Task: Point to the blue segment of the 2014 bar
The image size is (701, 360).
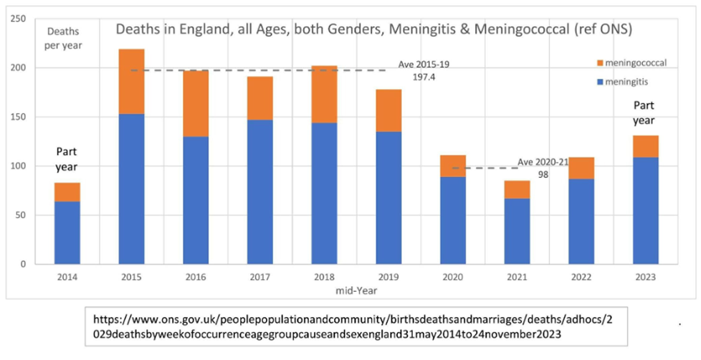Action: [x=67, y=232]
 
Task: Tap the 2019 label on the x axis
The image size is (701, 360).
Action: [x=388, y=277]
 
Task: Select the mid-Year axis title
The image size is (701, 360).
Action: [x=356, y=290]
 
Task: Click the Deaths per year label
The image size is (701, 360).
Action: [x=64, y=38]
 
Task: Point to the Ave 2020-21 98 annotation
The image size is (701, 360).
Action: [x=543, y=167]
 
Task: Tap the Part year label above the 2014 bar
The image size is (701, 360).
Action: [x=67, y=159]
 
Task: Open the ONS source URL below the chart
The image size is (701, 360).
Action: [x=356, y=326]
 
